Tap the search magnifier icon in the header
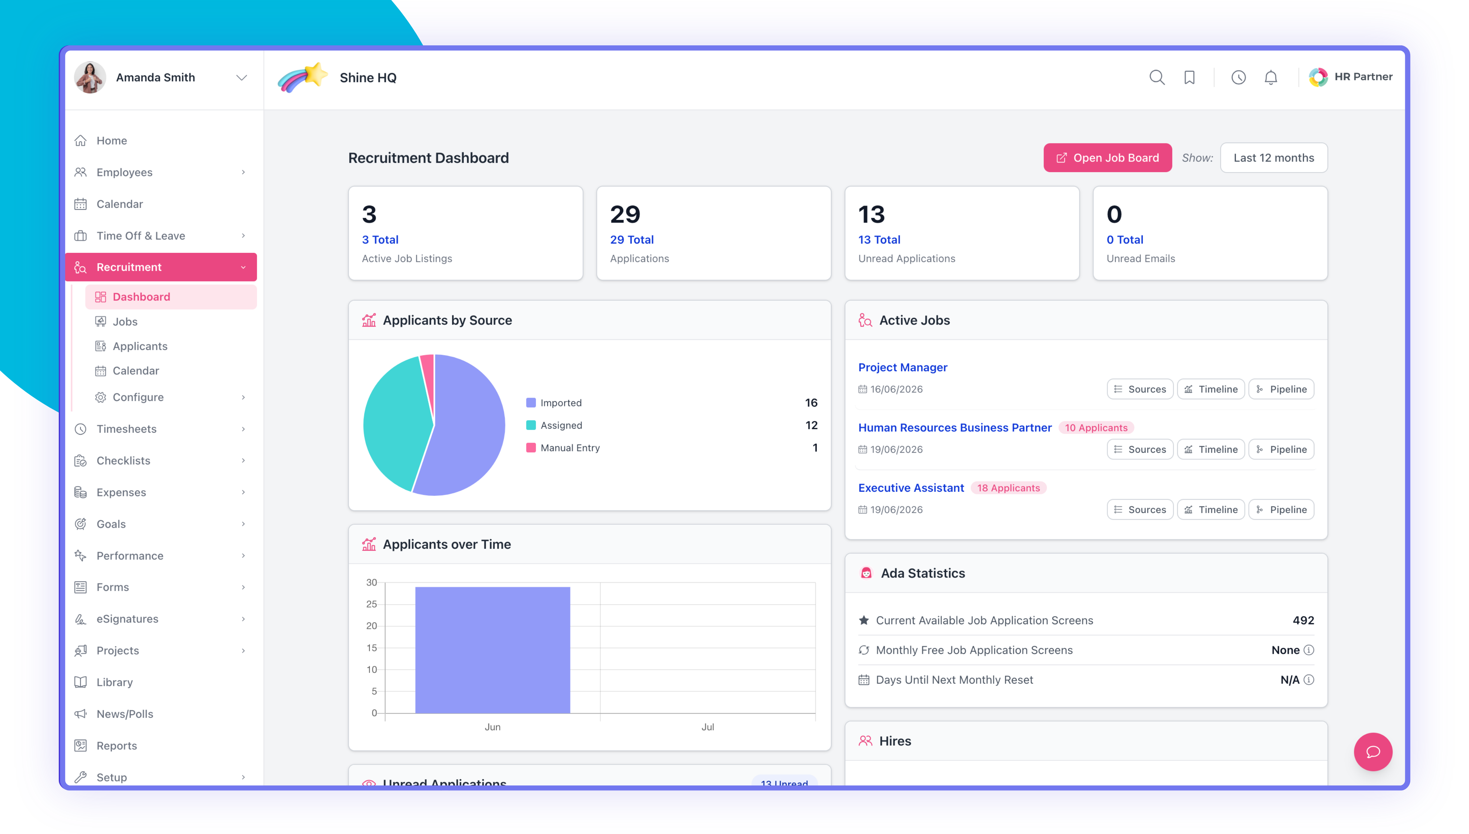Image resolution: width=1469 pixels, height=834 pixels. point(1157,77)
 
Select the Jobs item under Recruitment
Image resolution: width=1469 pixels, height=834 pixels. point(125,321)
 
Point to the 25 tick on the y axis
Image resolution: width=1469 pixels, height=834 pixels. point(371,604)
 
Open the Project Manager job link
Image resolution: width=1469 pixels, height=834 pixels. point(902,367)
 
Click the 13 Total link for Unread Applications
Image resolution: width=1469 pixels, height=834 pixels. point(879,240)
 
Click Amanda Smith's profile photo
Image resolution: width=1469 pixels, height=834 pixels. point(90,77)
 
